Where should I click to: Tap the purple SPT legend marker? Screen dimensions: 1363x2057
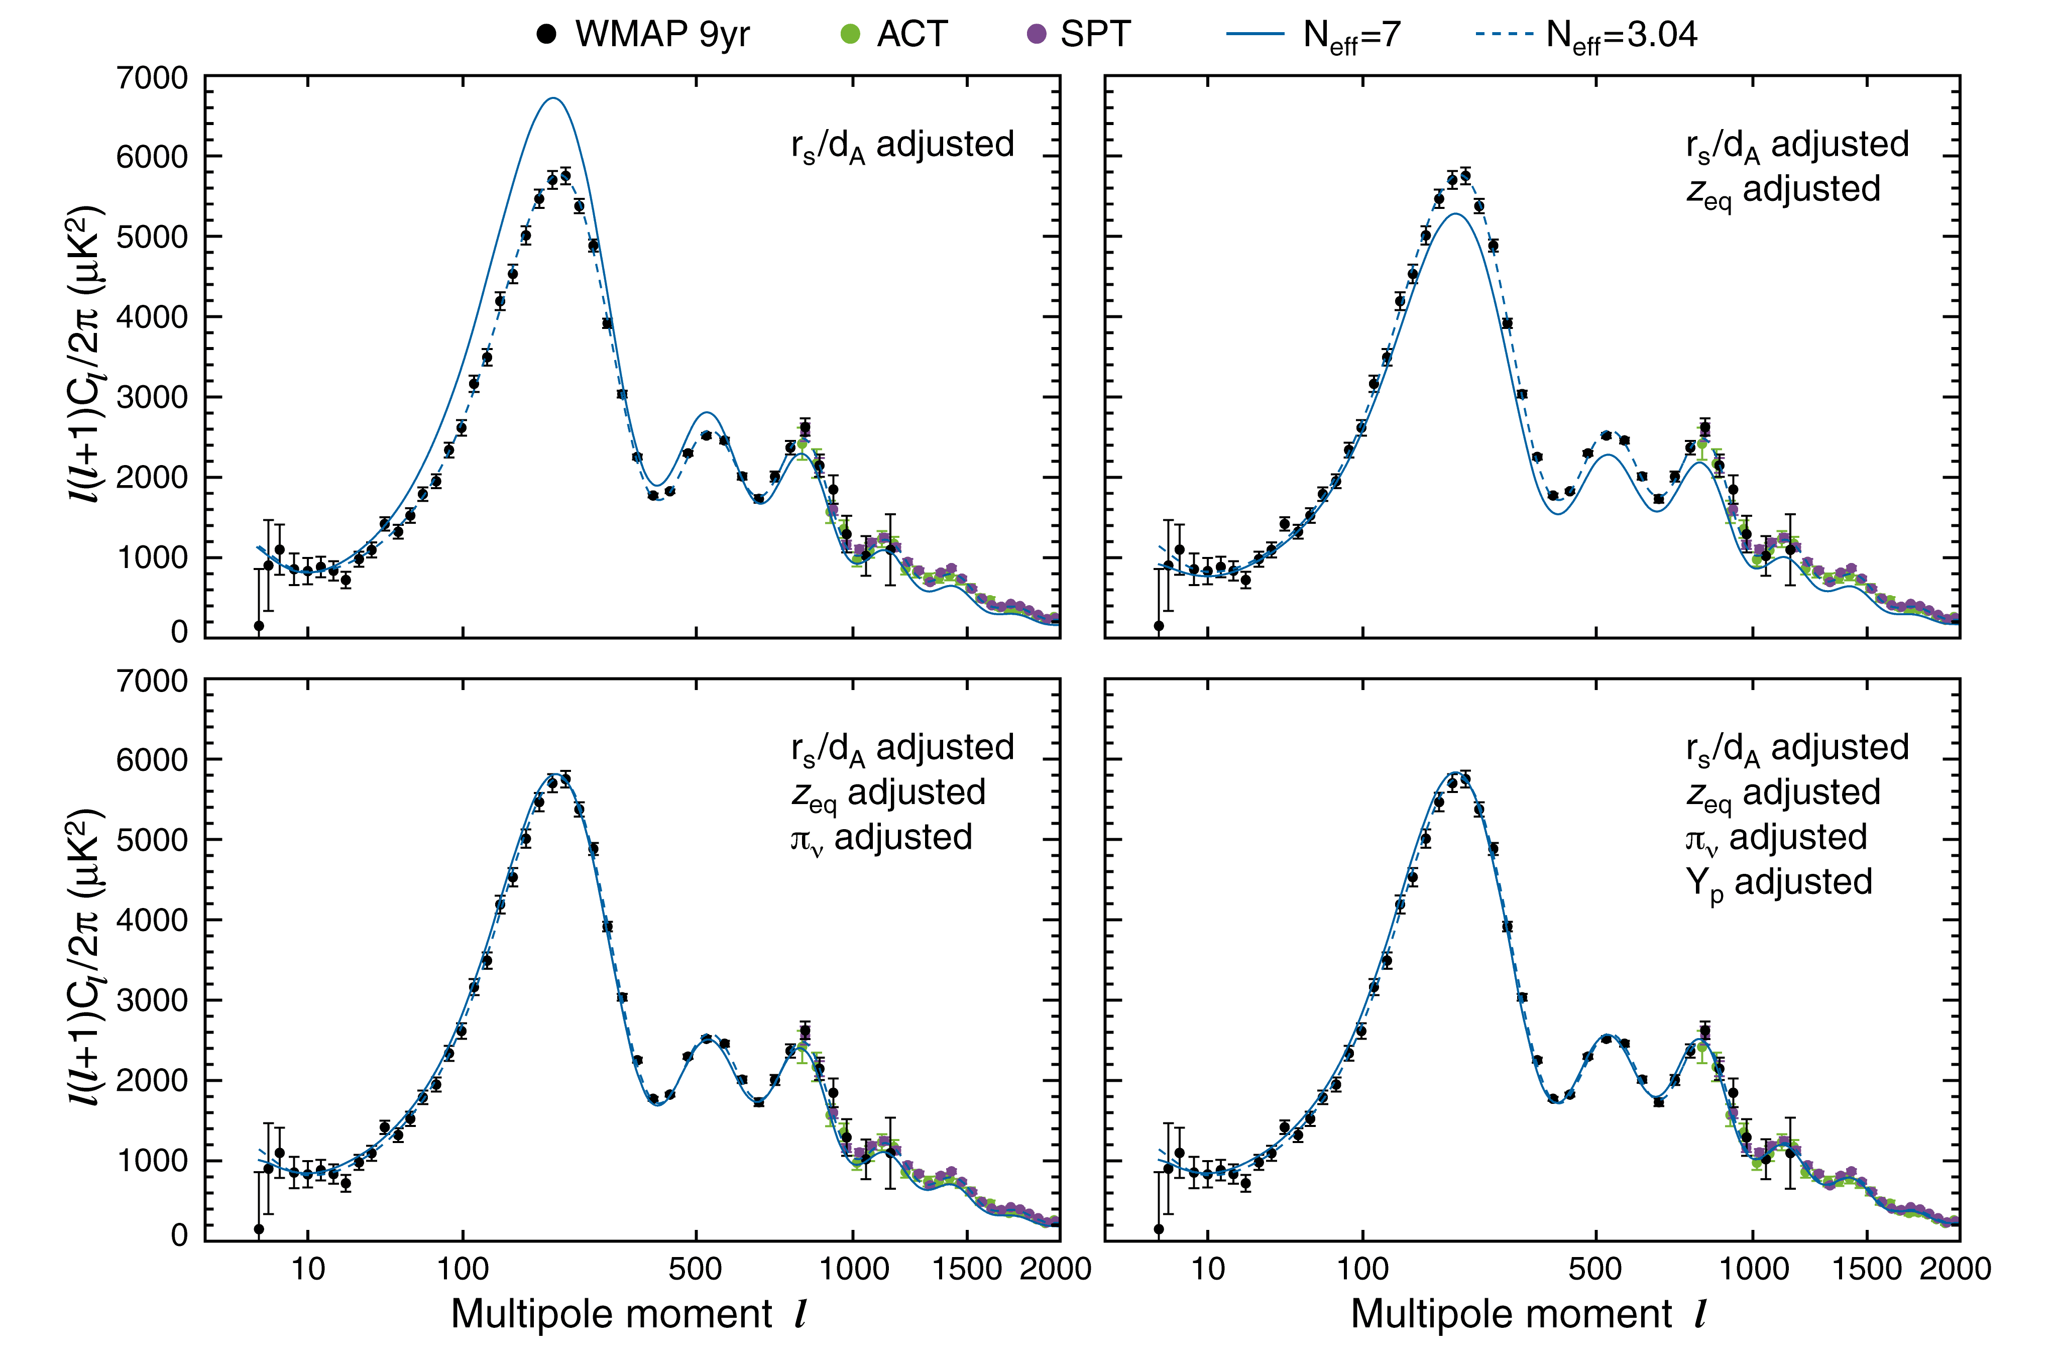pos(1036,35)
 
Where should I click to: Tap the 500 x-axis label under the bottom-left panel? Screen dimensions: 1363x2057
pos(695,1269)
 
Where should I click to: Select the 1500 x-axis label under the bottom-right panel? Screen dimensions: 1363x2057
pos(1867,1269)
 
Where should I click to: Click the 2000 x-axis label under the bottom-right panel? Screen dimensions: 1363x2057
pos(1955,1269)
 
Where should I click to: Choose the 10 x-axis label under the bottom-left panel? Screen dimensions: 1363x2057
pos(308,1269)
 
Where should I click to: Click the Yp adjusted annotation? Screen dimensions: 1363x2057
pos(1778,883)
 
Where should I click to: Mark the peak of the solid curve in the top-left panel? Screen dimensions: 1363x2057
pos(553,98)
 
